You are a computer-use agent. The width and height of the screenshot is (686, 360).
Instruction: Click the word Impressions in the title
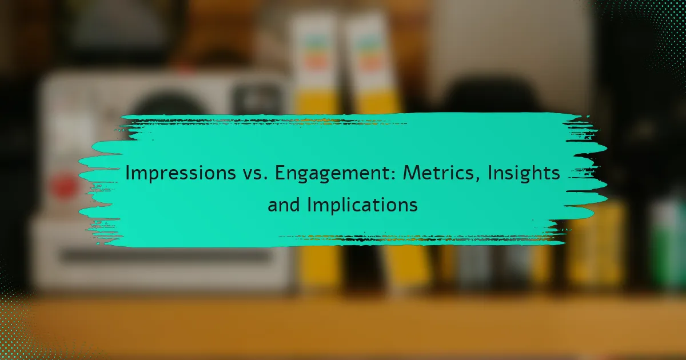click(181, 173)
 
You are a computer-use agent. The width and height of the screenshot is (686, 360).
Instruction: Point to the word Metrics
click(438, 173)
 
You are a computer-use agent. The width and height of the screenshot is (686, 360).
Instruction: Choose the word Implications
click(362, 205)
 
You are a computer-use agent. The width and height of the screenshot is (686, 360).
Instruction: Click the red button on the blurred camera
click(63, 186)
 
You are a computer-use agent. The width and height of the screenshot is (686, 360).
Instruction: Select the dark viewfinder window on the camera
click(258, 97)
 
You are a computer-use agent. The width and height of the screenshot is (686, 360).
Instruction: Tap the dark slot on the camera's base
click(165, 256)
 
